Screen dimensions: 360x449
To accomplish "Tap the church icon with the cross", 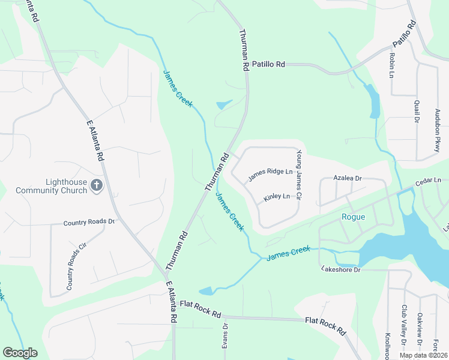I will pyautogui.click(x=96, y=186).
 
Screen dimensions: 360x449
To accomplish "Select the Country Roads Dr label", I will pyautogui.click(x=89, y=222).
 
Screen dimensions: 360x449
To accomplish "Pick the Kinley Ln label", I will pyautogui.click(x=277, y=197).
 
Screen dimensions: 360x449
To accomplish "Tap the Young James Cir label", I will pyautogui.click(x=297, y=175).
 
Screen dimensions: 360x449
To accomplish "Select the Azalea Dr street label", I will pyautogui.click(x=348, y=178).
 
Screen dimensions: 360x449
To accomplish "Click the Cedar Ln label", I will pyautogui.click(x=429, y=181).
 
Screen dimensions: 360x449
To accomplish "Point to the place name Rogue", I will pyautogui.click(x=353, y=217).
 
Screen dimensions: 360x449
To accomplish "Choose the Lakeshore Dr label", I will pyautogui.click(x=340, y=269).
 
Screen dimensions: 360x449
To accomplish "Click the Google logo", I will pyautogui.click(x=20, y=353).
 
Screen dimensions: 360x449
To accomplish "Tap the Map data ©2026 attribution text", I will pyautogui.click(x=421, y=355).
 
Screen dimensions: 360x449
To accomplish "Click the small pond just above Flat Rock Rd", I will pyautogui.click(x=206, y=292).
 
